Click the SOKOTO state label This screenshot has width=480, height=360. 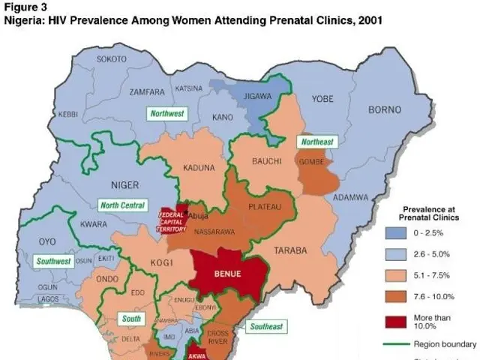(112, 58)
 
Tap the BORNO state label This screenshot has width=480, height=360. (385, 109)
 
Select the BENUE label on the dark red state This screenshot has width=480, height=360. (229, 274)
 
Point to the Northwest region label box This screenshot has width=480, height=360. (166, 114)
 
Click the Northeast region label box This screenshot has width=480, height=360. (316, 142)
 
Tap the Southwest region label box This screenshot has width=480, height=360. (53, 262)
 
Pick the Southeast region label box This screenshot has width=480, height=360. (265, 327)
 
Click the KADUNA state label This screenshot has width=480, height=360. (198, 168)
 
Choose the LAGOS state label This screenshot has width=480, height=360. (47, 299)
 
